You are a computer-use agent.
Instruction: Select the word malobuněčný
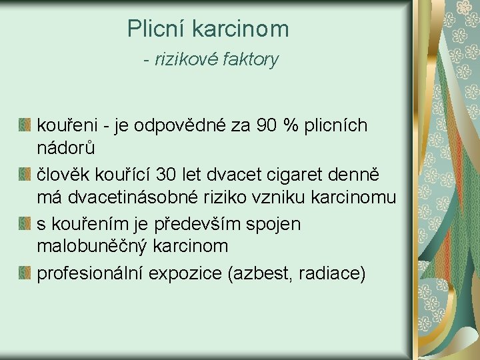[93, 246]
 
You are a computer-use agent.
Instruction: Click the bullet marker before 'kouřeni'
[25, 125]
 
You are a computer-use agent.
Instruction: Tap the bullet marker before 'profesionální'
[25, 272]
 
